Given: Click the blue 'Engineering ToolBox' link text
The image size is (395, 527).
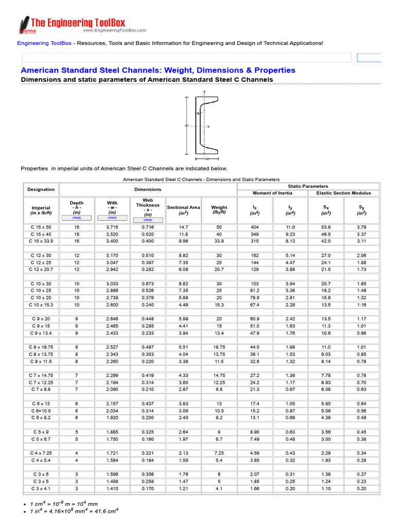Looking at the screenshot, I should click(x=44, y=43).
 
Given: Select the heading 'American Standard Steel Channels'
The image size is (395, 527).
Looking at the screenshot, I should click(x=157, y=70).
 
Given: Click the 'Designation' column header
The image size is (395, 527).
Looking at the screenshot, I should click(x=41, y=189).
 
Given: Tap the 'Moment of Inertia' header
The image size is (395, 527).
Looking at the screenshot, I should click(x=272, y=193).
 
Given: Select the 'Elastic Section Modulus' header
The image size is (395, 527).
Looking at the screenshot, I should click(x=343, y=193).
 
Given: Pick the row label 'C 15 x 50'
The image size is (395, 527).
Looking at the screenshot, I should click(x=41, y=227).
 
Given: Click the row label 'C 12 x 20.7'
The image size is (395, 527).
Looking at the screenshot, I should click(x=41, y=269).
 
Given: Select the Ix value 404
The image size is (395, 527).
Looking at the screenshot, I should click(x=255, y=227).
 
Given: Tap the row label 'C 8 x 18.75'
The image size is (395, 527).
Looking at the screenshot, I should click(x=41, y=347).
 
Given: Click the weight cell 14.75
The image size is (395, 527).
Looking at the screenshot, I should click(x=219, y=376).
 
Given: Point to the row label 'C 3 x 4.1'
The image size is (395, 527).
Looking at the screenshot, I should click(x=41, y=488).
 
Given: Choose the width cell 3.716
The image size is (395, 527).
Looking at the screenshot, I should click(x=112, y=227).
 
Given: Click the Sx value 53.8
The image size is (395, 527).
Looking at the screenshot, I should click(x=326, y=227).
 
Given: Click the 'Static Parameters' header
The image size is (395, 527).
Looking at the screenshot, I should click(x=308, y=186).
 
